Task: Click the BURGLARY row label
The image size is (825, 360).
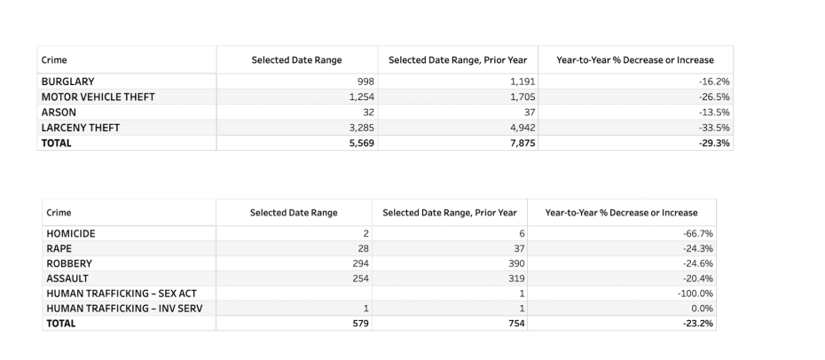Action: [x=67, y=82]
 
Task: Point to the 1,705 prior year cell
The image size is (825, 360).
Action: [x=522, y=97]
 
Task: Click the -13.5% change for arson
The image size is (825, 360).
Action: [x=714, y=112]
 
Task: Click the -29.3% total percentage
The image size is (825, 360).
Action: [x=713, y=143]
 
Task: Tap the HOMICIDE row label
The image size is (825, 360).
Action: [x=71, y=233]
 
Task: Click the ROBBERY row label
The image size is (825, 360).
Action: [x=69, y=263]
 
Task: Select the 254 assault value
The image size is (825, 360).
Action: [x=359, y=278]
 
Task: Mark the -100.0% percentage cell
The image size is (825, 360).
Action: [x=695, y=293]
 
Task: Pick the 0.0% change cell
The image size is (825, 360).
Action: [x=702, y=309]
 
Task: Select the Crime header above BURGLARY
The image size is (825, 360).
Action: [x=51, y=60]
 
